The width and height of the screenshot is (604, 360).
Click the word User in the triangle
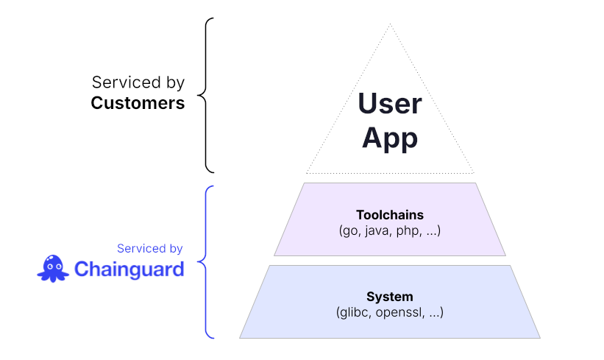point(390,104)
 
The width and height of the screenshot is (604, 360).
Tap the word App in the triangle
point(390,138)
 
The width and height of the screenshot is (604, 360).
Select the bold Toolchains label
point(390,215)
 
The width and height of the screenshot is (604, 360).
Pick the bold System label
point(390,297)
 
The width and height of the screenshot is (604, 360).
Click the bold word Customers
point(138,103)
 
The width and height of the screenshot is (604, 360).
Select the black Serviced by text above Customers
point(138,82)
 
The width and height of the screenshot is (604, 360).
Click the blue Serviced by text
point(150,249)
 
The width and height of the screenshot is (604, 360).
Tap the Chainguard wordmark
point(129,269)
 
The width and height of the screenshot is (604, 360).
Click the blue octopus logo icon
point(53,268)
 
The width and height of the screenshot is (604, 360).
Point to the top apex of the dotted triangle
point(390,24)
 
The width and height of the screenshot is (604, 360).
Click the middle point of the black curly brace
point(201,95)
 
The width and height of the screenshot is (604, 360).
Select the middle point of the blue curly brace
point(201,262)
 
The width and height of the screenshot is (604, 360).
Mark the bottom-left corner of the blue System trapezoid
point(240,338)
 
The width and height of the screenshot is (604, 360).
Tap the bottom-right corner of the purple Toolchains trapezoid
point(506,255)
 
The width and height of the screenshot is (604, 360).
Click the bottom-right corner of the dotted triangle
point(475,174)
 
